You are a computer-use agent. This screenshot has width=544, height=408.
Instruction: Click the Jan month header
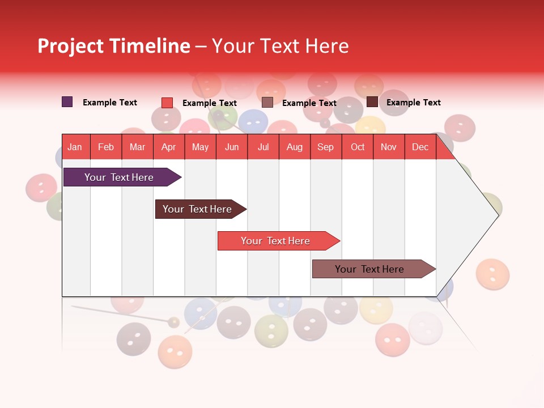pyautogui.click(x=75, y=147)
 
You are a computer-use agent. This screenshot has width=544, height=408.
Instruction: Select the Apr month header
pyautogui.click(x=168, y=147)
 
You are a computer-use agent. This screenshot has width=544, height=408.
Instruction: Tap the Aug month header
pyautogui.click(x=294, y=147)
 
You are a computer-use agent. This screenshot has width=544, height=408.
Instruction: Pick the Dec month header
pyautogui.click(x=420, y=147)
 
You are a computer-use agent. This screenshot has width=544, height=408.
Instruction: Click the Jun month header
pyautogui.click(x=232, y=147)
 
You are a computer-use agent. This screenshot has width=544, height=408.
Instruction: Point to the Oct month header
pyautogui.click(x=358, y=147)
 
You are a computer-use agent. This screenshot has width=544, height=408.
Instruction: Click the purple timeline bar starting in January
pyautogui.click(x=119, y=177)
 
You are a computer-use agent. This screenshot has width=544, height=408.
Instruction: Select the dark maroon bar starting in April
pyautogui.click(x=197, y=209)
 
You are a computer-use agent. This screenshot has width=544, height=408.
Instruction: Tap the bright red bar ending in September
pyautogui.click(x=275, y=241)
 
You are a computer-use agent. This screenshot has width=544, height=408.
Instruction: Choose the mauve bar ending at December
pyautogui.click(x=369, y=269)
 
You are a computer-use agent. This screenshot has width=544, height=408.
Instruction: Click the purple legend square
pyautogui.click(x=67, y=102)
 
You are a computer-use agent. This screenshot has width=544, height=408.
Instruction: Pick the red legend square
pyautogui.click(x=167, y=103)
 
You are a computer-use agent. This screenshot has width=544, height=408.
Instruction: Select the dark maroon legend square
pyautogui.click(x=372, y=102)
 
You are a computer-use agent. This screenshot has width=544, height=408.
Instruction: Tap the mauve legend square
pyautogui.click(x=267, y=103)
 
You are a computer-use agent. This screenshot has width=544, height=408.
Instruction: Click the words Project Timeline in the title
pyautogui.click(x=113, y=46)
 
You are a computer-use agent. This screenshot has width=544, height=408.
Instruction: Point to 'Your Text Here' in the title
pyautogui.click(x=280, y=46)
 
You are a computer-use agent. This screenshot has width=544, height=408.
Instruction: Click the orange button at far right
pyautogui.click(x=492, y=274)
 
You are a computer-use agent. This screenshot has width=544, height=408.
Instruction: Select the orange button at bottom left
pyautogui.click(x=175, y=351)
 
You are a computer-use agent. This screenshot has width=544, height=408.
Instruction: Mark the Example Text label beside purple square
pyautogui.click(x=110, y=103)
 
